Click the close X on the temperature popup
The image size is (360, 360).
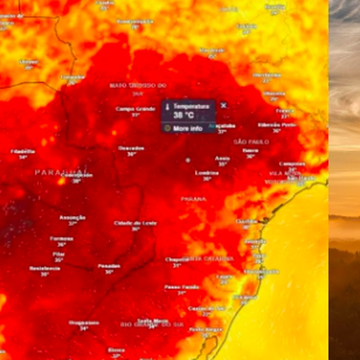[224, 106]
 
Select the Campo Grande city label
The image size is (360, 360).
[135, 109]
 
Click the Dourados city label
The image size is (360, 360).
[131, 148]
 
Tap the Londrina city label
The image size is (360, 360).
[207, 172]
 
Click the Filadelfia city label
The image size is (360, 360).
[23, 151]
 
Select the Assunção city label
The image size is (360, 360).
[73, 217]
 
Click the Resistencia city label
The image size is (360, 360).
[45, 268]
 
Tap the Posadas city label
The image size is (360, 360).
[109, 266]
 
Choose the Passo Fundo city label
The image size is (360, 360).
[182, 287]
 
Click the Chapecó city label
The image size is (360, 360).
[177, 259]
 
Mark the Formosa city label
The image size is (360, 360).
[62, 238]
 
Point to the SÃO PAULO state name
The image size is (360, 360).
[252, 142]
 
